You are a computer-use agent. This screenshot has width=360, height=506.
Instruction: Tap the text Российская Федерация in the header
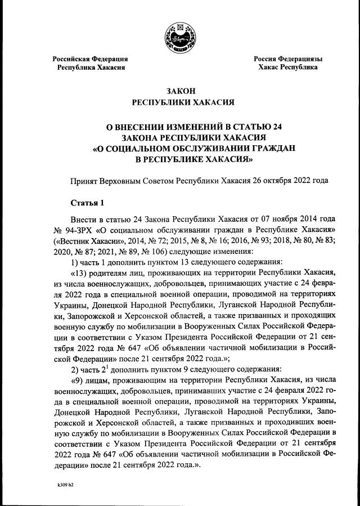click(x=90, y=59)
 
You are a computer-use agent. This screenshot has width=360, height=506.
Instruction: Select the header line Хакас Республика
click(x=288, y=67)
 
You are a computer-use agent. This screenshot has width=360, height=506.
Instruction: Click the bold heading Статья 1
click(x=87, y=203)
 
